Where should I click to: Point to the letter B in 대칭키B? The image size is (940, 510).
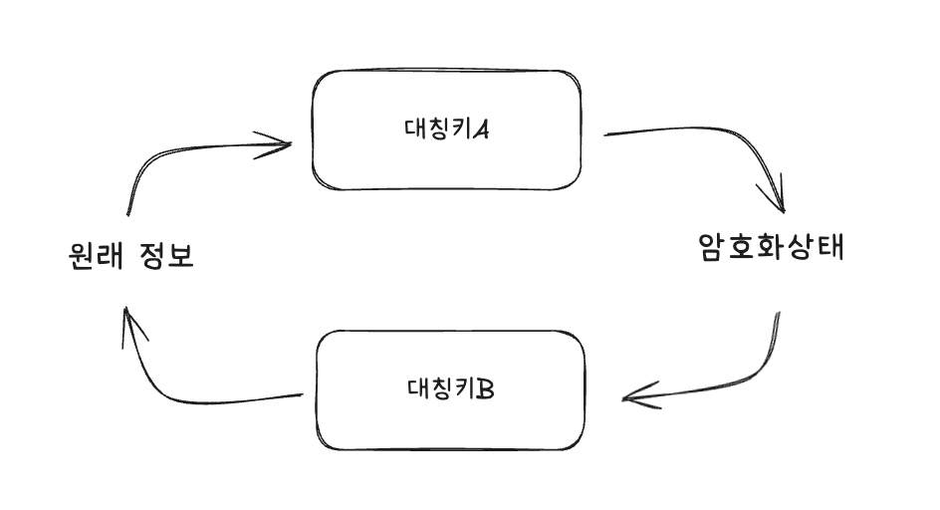click(485, 386)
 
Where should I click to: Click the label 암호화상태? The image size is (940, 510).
click(772, 247)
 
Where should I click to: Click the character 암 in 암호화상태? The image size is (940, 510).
click(713, 247)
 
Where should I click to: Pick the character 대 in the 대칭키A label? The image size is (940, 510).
click(415, 128)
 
